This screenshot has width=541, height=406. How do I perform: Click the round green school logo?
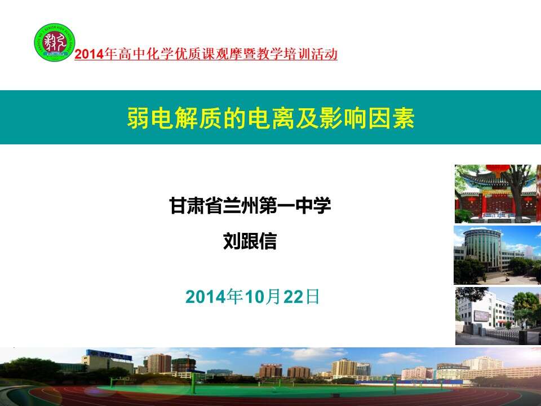point(55,42)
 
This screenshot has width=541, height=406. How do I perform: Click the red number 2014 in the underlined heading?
point(89,54)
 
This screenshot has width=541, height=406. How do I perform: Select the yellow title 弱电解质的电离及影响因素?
point(270,118)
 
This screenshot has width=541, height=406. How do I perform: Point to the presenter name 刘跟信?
point(250,241)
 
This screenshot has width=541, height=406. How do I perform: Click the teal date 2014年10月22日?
point(252,297)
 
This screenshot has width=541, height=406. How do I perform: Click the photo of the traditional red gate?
point(498,193)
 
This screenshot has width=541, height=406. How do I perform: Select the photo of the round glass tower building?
point(498,255)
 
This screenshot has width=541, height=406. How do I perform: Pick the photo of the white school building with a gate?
point(498,316)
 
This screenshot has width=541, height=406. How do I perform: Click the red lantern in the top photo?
point(498,170)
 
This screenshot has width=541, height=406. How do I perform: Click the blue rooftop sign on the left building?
point(109,354)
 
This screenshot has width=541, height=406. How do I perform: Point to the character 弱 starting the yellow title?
point(139,118)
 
